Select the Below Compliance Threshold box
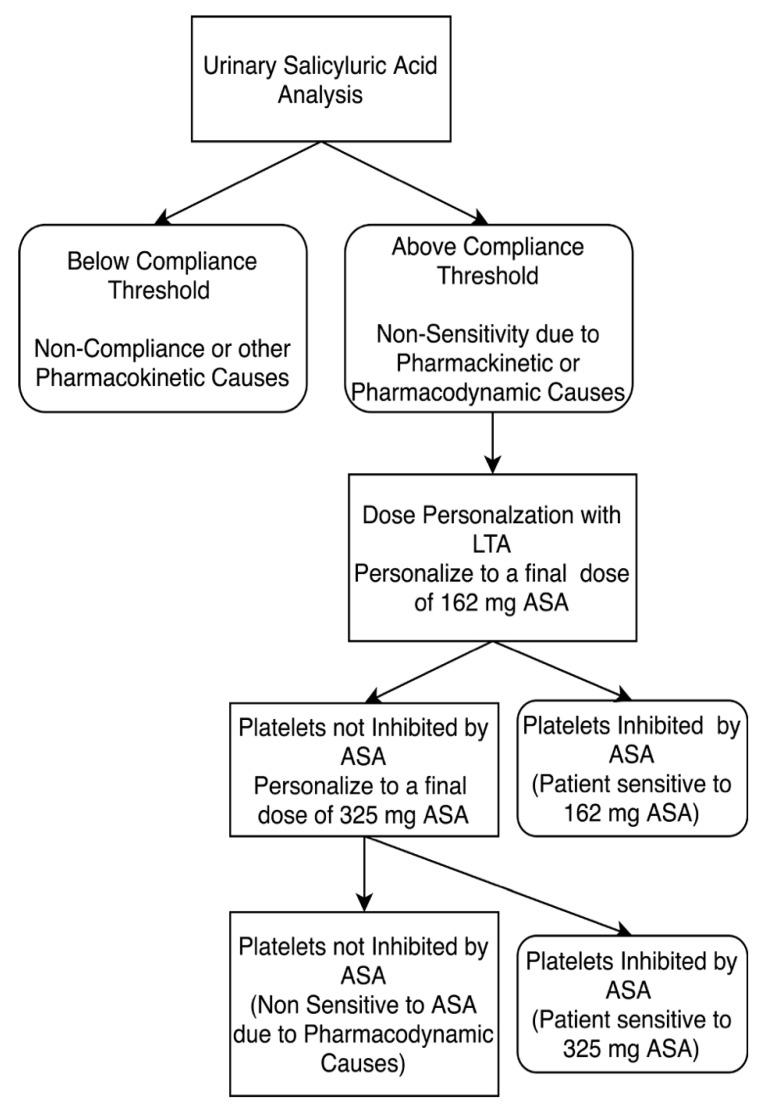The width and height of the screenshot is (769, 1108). click(161, 317)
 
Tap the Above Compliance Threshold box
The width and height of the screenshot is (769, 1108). click(491, 317)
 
